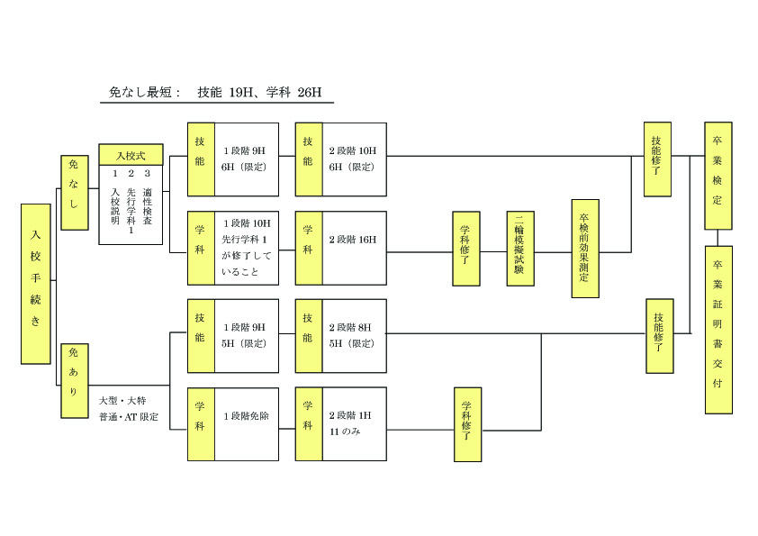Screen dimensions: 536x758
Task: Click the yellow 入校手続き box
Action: click(x=35, y=284)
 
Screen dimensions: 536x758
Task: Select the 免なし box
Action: click(x=74, y=192)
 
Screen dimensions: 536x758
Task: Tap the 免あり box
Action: click(x=74, y=380)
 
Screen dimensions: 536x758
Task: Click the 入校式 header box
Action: click(x=131, y=156)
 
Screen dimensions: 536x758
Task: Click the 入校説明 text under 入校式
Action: click(x=114, y=207)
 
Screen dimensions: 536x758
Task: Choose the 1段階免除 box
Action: click(x=247, y=423)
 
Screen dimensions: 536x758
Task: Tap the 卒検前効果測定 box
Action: click(x=584, y=249)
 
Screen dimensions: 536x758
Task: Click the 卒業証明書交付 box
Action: click(x=717, y=329)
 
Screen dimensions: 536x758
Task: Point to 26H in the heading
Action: click(x=309, y=92)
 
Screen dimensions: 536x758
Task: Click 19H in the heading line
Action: click(x=240, y=92)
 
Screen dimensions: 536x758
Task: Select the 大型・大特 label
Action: click(x=122, y=400)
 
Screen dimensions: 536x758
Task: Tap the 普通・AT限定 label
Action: click(x=129, y=417)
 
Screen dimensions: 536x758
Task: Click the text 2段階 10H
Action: click(x=352, y=150)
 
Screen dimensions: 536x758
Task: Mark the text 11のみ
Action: click(x=345, y=432)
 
